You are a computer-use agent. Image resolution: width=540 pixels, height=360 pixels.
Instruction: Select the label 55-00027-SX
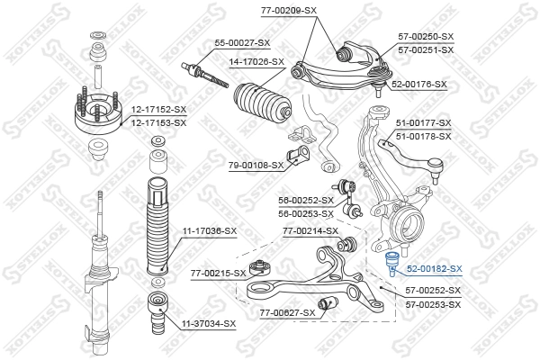pyautogui.click(x=241, y=42)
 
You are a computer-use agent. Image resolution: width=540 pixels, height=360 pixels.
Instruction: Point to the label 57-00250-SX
pyautogui.click(x=426, y=37)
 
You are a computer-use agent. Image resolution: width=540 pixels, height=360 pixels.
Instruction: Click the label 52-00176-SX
pyautogui.click(x=418, y=84)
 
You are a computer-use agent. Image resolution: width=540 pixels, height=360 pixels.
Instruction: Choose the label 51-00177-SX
pyautogui.click(x=423, y=122)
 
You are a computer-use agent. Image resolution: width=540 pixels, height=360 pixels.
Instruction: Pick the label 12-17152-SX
pyautogui.click(x=158, y=110)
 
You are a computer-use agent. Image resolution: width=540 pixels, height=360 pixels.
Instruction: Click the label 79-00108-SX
pyautogui.click(x=255, y=165)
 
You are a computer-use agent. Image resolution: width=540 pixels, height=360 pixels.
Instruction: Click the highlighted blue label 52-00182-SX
pyautogui.click(x=433, y=268)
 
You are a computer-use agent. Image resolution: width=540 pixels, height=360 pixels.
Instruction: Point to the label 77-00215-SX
pyautogui.click(x=218, y=273)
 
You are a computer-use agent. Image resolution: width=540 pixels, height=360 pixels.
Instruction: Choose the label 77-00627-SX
pyautogui.click(x=287, y=312)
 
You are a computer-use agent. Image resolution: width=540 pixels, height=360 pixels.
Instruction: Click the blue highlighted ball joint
pyautogui.click(x=392, y=264)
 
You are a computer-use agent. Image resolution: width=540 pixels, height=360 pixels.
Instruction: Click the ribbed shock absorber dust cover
pyautogui.click(x=157, y=229)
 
